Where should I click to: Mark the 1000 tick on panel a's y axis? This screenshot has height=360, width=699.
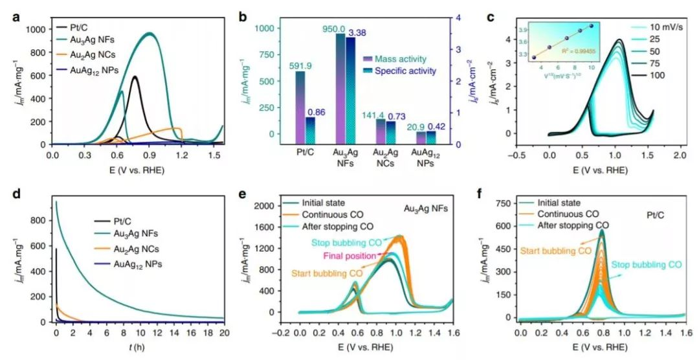click(x=36, y=29)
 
